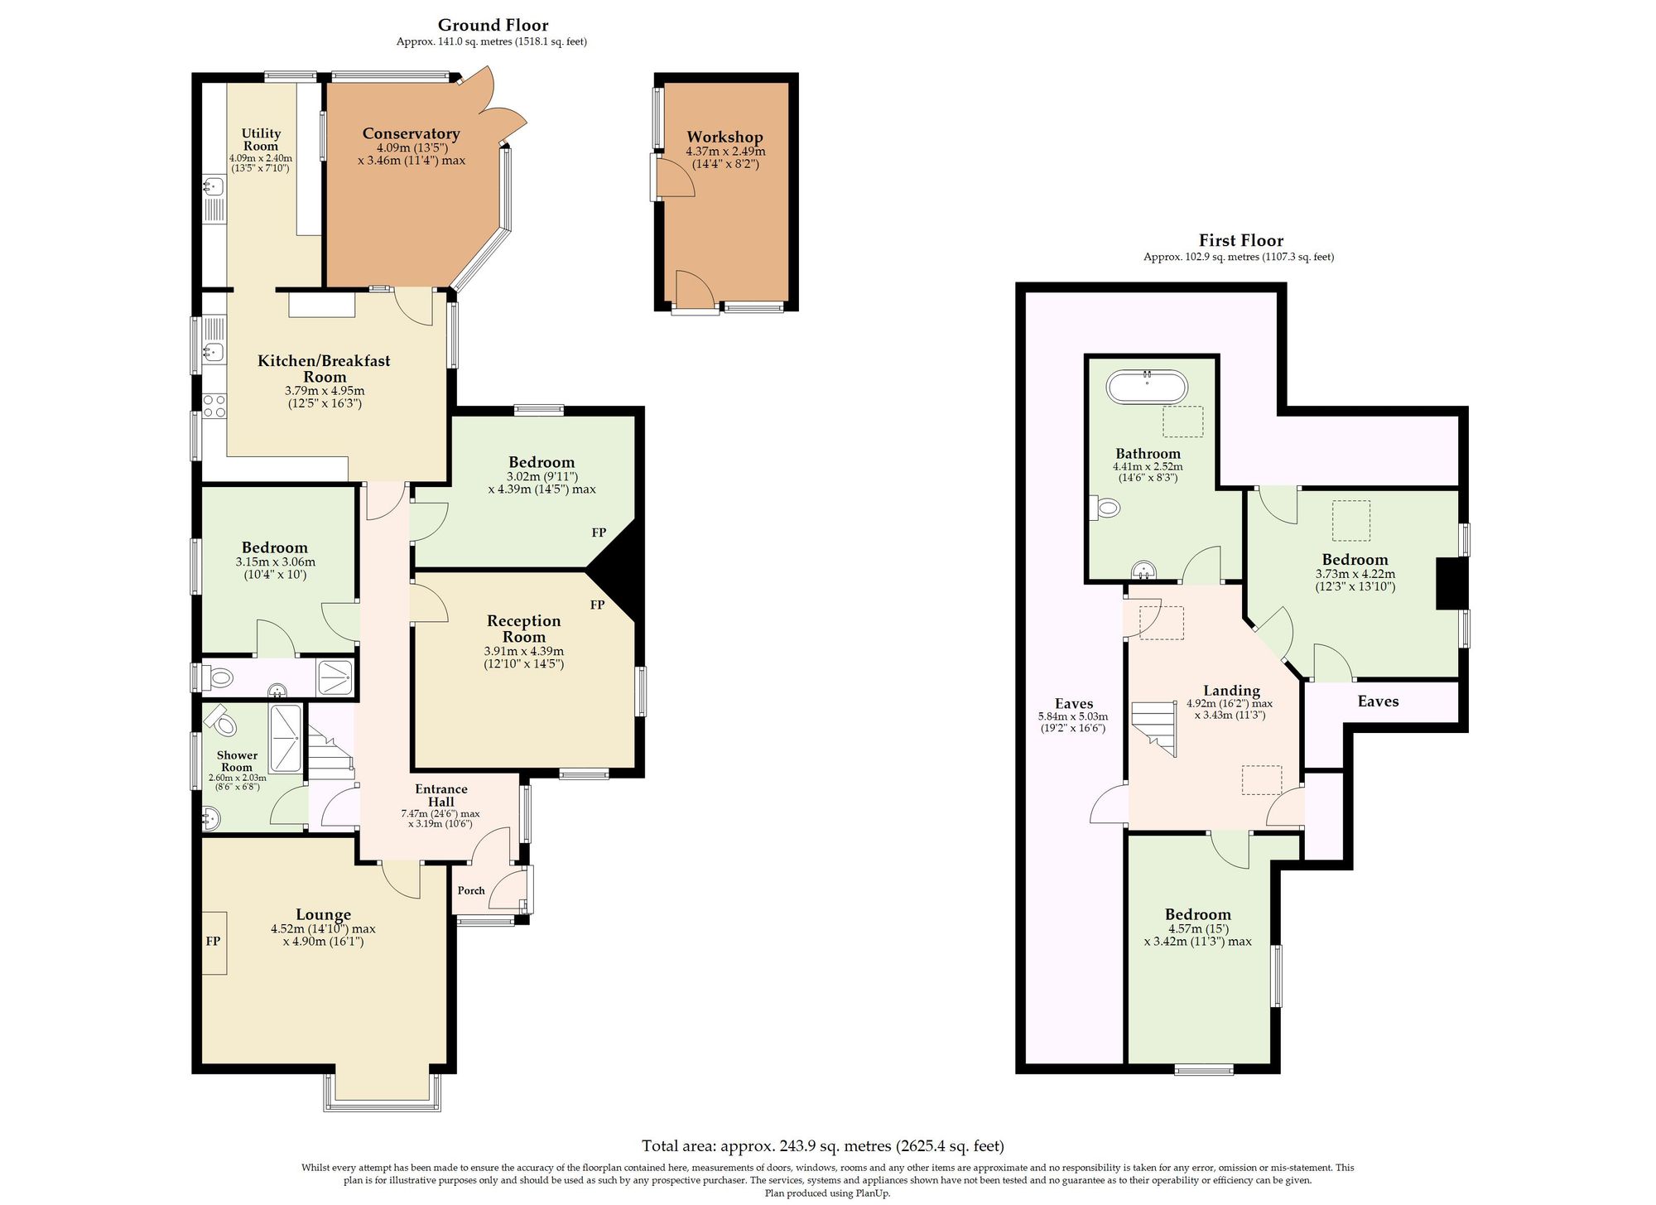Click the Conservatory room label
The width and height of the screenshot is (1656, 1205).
[x=411, y=133]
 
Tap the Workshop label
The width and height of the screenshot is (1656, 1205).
[x=724, y=137]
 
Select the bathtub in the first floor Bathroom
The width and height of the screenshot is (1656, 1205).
[x=1147, y=387]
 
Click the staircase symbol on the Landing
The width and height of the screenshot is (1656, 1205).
[x=1154, y=729]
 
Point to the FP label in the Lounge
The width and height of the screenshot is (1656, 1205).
[x=213, y=941]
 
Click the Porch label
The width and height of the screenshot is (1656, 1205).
[x=471, y=890]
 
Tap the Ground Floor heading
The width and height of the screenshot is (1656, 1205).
[x=493, y=25]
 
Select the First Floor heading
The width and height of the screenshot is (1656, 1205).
[x=1240, y=240]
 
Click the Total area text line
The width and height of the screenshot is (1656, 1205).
[x=823, y=1146]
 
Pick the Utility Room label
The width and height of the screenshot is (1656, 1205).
[x=261, y=139]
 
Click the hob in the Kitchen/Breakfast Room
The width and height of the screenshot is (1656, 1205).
[x=214, y=407]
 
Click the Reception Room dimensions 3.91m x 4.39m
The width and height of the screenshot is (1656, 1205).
[x=524, y=652]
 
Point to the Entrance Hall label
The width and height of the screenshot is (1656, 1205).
[x=441, y=795]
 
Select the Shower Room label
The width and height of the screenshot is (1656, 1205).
[x=237, y=761]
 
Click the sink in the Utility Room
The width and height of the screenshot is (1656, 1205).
[x=213, y=186]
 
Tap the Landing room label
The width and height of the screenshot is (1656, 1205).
[x=1231, y=691]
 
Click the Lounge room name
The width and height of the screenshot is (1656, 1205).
[x=323, y=914]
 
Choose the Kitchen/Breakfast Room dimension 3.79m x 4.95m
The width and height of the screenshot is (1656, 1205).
[x=325, y=391]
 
